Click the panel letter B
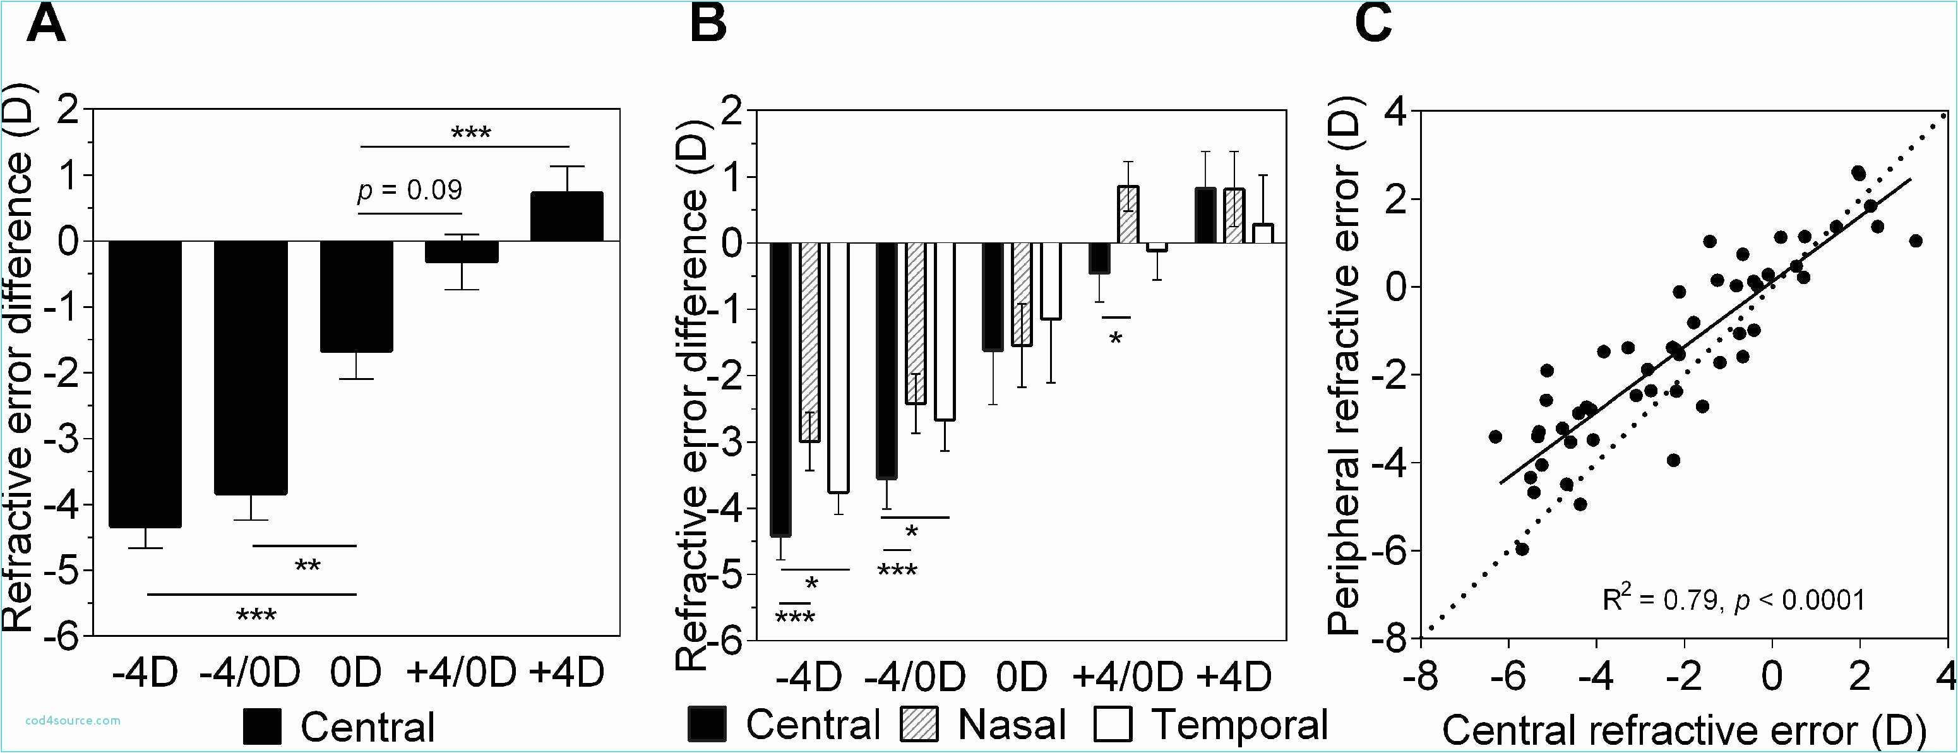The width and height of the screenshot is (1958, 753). tap(708, 25)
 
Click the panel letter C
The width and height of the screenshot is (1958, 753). tap(1373, 25)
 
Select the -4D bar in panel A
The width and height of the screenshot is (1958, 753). tap(145, 384)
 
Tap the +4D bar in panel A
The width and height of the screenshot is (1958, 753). tap(566, 216)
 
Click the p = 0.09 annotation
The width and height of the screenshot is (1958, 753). tap(410, 190)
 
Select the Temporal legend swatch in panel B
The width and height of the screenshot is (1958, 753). tap(1114, 724)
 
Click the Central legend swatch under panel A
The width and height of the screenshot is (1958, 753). tap(262, 726)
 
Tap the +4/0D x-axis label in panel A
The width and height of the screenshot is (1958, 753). tap(462, 672)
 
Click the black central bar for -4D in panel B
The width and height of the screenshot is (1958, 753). tap(780, 389)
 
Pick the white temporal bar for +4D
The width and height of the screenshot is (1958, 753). tap(1263, 234)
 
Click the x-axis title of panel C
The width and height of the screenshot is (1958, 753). tap(1683, 731)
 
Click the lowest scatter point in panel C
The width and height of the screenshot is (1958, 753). tap(1521, 548)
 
